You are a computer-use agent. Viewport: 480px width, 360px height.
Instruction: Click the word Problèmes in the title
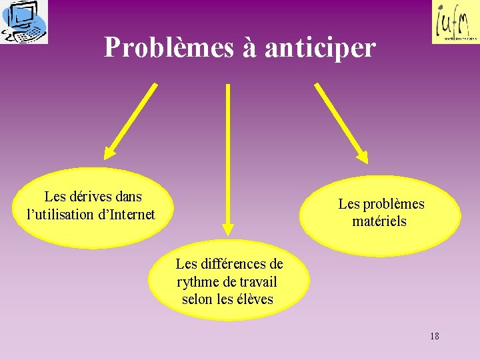169,48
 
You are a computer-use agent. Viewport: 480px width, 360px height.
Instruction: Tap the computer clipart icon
24,21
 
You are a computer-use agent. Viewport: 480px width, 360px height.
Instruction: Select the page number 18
435,336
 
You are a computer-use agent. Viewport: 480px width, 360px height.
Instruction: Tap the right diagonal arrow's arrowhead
361,156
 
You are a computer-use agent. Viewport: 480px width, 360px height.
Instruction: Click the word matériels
379,221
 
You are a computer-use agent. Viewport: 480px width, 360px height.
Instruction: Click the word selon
197,299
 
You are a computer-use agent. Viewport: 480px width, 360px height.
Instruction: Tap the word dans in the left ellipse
128,197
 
